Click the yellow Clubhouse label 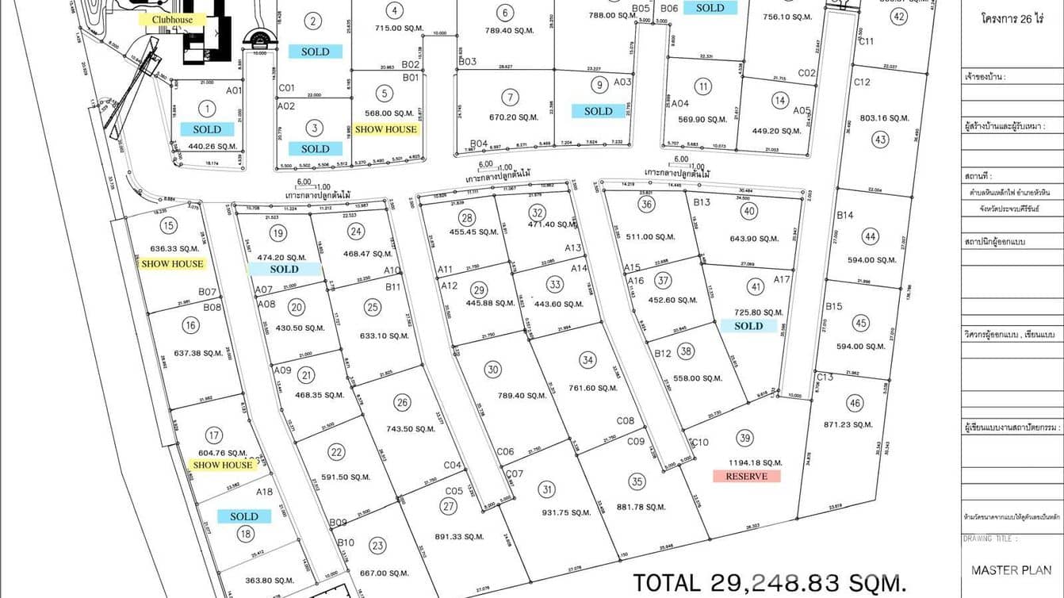pos(172,19)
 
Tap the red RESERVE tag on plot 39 pos(746,476)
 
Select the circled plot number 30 pos(493,370)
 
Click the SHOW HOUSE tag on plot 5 pos(385,129)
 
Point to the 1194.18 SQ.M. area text pos(748,462)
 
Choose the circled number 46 pos(854,404)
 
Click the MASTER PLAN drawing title pos(1011,569)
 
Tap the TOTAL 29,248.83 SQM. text pos(769,583)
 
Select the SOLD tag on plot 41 pos(748,326)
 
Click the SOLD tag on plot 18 pos(243,516)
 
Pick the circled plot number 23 pos(377,546)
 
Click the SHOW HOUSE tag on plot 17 pos(222,465)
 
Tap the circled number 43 pos(880,140)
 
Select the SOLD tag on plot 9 pos(598,111)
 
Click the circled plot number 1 pos(208,109)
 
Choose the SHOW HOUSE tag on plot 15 pos(172,264)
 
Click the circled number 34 pos(587,360)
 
